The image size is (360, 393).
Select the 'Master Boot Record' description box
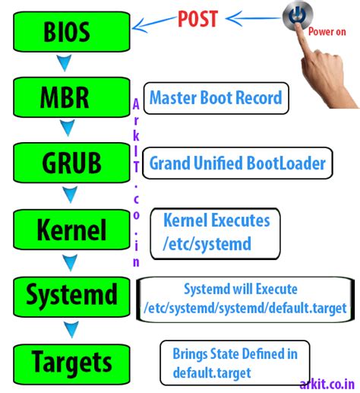pos(216,98)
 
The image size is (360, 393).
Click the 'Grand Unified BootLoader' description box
pos(237,163)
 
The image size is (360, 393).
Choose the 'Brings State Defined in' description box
pos(235,362)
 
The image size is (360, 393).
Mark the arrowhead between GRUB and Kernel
pos(70,195)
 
